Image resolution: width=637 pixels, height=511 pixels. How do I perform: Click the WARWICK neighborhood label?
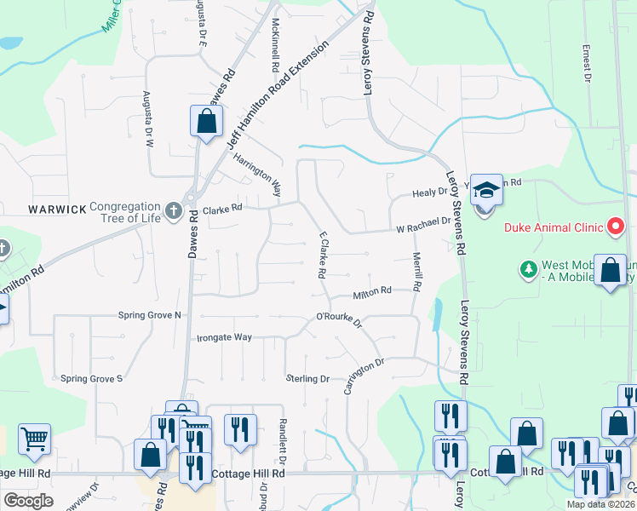(x=58, y=209)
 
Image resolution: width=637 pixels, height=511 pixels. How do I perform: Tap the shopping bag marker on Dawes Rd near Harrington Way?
(x=206, y=121)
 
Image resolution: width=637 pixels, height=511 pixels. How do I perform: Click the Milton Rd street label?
(x=372, y=290)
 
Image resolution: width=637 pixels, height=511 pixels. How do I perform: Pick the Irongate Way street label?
(x=224, y=337)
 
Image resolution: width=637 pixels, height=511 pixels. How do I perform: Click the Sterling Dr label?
(x=307, y=378)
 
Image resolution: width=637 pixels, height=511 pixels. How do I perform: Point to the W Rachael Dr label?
(x=422, y=223)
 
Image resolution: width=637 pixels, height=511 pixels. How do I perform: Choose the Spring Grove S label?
(x=92, y=377)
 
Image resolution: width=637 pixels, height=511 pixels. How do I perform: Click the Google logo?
(x=28, y=501)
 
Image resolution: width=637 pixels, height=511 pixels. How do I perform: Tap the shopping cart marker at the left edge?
(x=34, y=439)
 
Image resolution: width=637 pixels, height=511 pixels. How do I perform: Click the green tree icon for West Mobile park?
(x=527, y=269)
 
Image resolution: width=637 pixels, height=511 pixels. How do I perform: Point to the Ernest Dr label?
(x=587, y=63)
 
